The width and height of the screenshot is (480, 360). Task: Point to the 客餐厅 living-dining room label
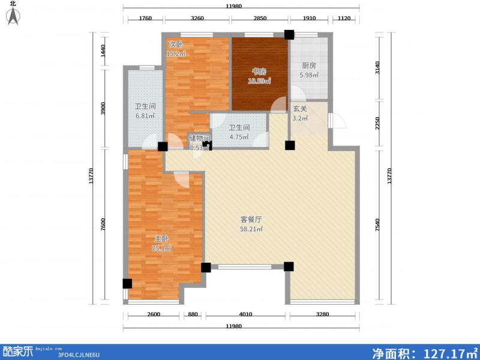(251, 220)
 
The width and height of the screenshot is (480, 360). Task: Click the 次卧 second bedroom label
(175, 44)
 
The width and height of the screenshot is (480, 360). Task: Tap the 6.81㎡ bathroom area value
(145, 116)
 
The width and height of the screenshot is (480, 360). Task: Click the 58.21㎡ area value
(251, 229)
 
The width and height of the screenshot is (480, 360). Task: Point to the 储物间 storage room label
(199, 139)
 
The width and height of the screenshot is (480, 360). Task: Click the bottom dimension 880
(193, 314)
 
